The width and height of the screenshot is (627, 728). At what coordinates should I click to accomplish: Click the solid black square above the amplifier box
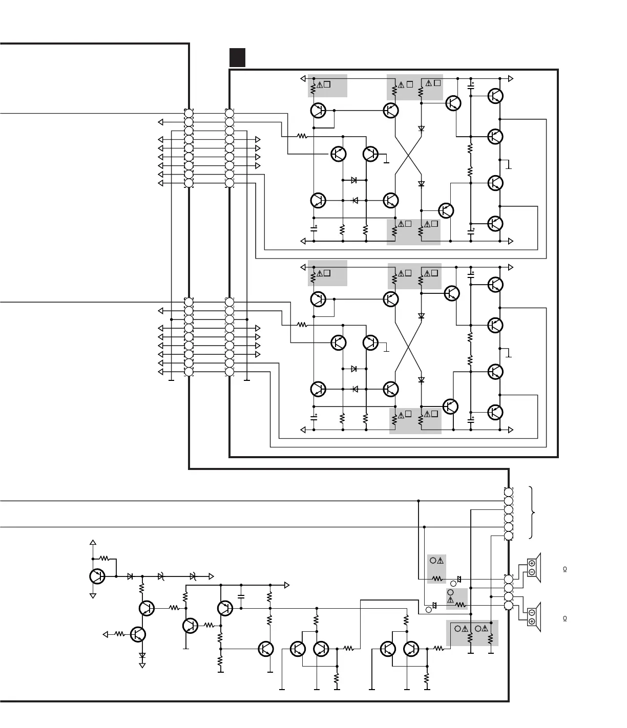[x=237, y=57]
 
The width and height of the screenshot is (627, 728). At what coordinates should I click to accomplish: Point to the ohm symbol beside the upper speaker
[x=565, y=569]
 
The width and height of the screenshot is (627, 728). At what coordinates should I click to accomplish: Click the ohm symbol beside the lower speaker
[x=565, y=619]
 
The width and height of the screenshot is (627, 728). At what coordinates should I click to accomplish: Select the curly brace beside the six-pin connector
[x=534, y=512]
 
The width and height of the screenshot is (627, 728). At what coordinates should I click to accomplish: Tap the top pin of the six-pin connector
[x=509, y=491]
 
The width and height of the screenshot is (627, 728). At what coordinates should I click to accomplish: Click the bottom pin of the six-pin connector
[x=509, y=536]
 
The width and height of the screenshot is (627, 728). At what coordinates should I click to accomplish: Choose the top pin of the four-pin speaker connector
[x=509, y=579]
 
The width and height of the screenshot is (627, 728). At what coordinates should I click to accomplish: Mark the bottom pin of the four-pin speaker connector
[x=509, y=606]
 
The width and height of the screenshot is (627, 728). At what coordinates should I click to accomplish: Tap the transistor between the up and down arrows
[x=97, y=576]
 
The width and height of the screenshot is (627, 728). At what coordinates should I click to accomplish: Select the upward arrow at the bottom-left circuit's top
[x=93, y=543]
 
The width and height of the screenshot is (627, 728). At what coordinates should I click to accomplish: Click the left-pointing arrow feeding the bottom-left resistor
[x=106, y=634]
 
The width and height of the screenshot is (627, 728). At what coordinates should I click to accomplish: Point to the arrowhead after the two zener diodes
[x=211, y=576]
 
